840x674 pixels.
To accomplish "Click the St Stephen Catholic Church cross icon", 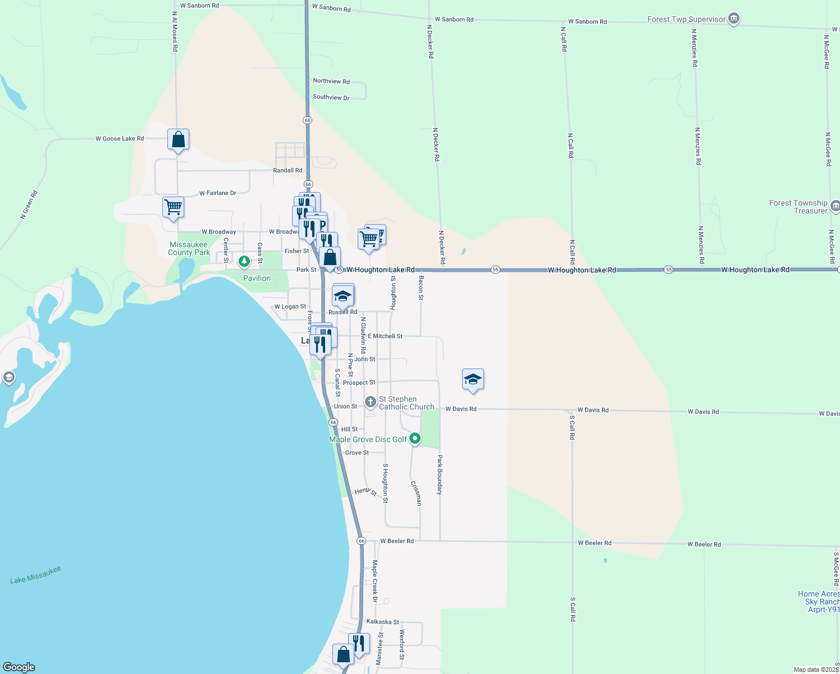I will point(370,402).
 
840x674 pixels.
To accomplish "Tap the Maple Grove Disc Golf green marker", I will point(415,439).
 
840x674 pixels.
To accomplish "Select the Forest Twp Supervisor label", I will point(686,19).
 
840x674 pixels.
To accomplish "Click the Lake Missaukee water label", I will point(35,575).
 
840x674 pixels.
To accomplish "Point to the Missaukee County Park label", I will point(189,248).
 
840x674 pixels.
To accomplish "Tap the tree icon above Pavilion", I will point(244,261).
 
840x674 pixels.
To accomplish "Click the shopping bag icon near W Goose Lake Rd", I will point(178,139).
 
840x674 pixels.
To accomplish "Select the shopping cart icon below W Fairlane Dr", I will point(174,207).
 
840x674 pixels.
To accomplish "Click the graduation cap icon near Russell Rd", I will point(343,295).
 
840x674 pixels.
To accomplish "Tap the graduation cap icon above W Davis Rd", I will point(473,380).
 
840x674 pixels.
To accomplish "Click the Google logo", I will point(19,667).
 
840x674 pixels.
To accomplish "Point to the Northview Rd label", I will point(331,81).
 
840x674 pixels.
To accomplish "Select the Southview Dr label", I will point(331,97).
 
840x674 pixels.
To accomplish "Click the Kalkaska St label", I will point(382,622).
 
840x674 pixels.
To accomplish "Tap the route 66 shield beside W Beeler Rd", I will point(361,541).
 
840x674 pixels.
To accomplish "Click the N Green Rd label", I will point(29,204).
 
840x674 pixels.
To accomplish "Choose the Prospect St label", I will point(359,382).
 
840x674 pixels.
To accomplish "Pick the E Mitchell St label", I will point(385,336).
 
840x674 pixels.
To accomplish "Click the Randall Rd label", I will point(287,170).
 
